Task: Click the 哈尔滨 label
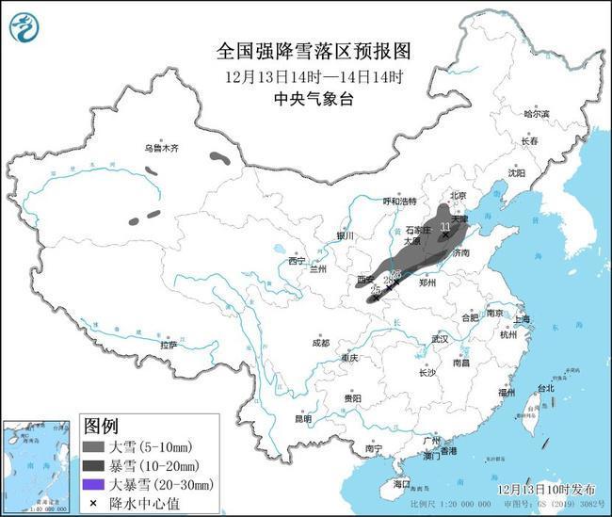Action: click(x=535, y=113)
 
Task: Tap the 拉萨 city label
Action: click(x=168, y=345)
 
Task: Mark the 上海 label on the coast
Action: click(x=520, y=319)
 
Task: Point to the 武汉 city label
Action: click(x=439, y=338)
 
